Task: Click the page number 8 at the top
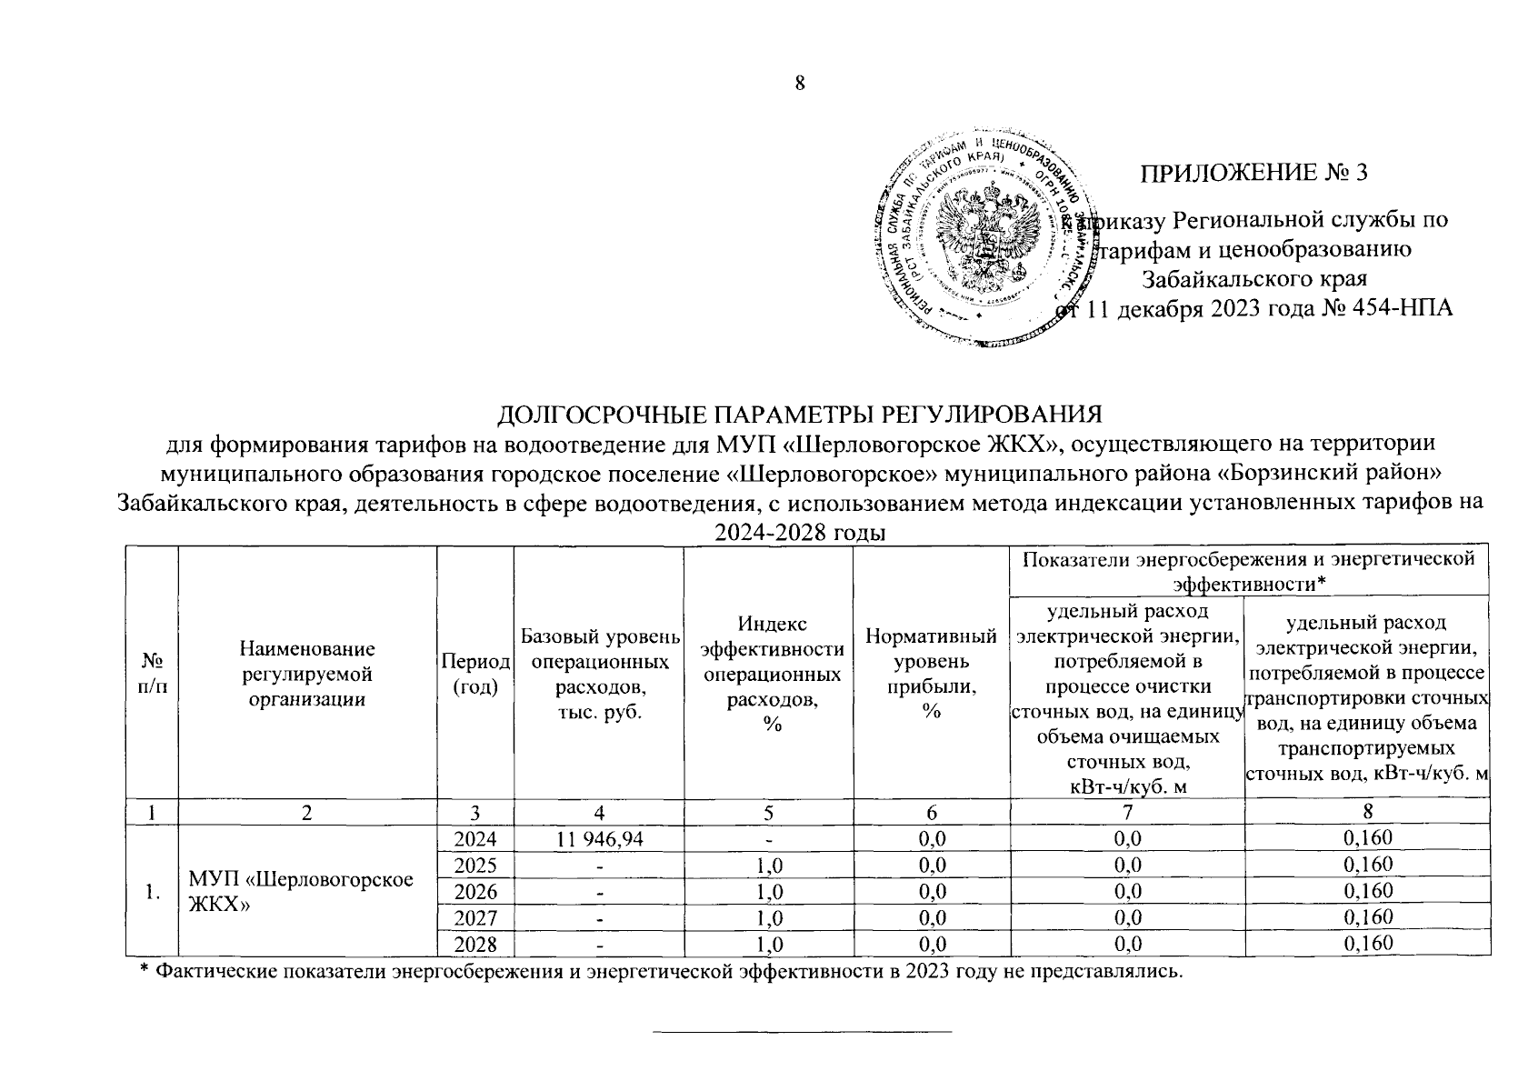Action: point(800,84)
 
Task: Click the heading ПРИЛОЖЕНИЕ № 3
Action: point(1253,173)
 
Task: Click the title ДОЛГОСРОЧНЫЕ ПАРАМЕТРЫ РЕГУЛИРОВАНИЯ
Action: point(799,415)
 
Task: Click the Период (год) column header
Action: point(474,673)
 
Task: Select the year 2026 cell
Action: point(474,890)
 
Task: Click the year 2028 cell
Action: point(474,944)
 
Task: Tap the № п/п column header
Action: point(152,674)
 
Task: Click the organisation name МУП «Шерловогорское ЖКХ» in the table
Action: point(301,891)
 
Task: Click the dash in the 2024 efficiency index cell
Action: point(768,838)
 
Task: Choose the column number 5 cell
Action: point(768,812)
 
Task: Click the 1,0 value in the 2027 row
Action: point(768,917)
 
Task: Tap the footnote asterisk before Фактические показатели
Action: point(143,972)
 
